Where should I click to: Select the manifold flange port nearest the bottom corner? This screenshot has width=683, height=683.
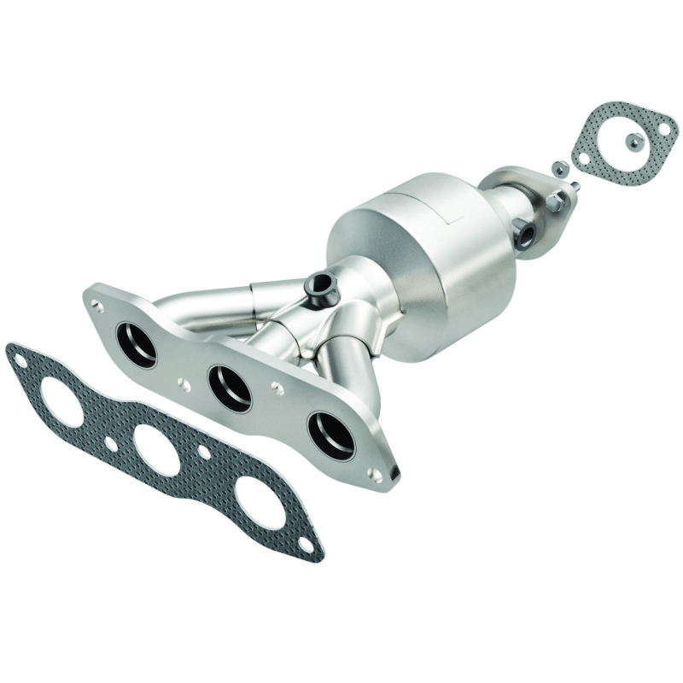pyautogui.click(x=331, y=435)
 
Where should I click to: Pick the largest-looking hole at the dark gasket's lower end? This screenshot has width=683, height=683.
pyautogui.click(x=261, y=503)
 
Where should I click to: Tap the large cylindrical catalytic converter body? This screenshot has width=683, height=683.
pyautogui.click(x=427, y=256)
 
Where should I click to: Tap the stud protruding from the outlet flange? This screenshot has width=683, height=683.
pyautogui.click(x=574, y=185)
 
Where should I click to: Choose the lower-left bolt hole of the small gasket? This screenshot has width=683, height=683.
pyautogui.click(x=583, y=159)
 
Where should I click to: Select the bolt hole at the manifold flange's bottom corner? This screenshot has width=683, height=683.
pyautogui.click(x=377, y=470)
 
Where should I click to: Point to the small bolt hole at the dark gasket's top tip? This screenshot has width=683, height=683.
pyautogui.click(x=17, y=360)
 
